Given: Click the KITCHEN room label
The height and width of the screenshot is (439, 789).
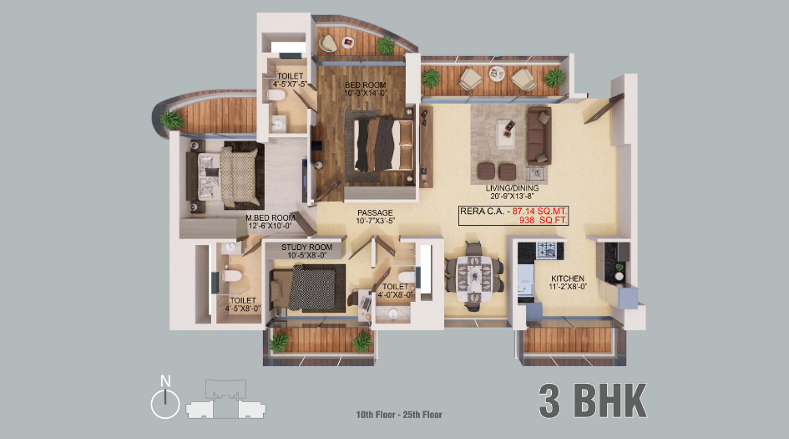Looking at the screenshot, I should [x=567, y=278].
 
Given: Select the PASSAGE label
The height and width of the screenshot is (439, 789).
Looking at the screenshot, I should [x=375, y=212].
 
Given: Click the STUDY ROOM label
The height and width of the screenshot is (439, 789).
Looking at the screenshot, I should [x=306, y=248].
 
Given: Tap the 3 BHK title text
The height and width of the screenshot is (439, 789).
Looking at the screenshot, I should [x=593, y=401].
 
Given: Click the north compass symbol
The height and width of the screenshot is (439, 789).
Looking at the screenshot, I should [x=165, y=401].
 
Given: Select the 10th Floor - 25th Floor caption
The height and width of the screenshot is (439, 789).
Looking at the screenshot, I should [x=399, y=415].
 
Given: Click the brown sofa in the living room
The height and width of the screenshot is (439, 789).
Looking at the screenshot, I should [x=537, y=135].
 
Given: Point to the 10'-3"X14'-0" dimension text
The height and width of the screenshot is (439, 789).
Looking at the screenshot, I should [x=366, y=94].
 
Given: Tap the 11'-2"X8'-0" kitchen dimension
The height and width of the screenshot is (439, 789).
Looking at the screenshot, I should [x=567, y=288].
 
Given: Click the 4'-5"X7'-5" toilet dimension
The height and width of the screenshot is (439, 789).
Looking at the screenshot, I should [x=290, y=84].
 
